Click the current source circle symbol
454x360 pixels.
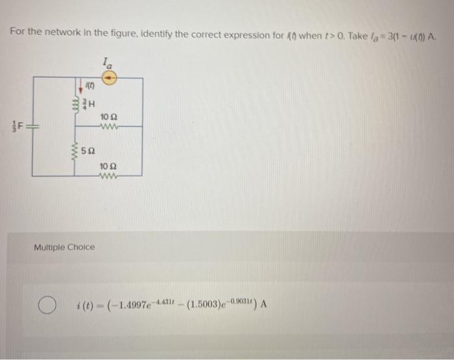click(x=110, y=77)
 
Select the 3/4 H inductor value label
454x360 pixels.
click(x=90, y=103)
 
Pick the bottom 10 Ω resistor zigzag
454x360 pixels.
click(x=109, y=176)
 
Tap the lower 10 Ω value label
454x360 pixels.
click(x=108, y=167)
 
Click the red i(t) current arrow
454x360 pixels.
click(x=80, y=85)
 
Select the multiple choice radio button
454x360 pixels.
click(x=44, y=304)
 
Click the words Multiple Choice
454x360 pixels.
click(x=64, y=247)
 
